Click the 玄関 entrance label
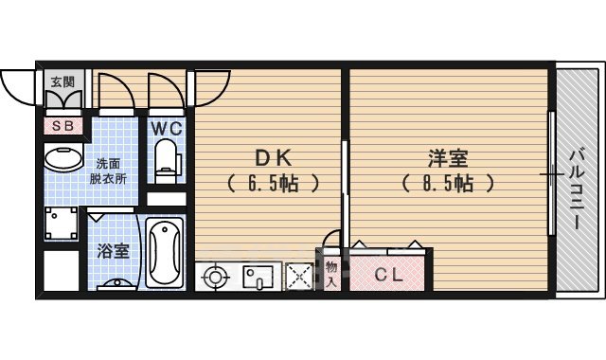point(62,81)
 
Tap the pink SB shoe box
point(64,124)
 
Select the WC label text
point(167,125)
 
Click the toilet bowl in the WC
point(167,157)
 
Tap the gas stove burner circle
point(215,278)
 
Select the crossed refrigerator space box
point(300,277)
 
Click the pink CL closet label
point(386,276)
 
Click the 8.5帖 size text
point(447,184)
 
